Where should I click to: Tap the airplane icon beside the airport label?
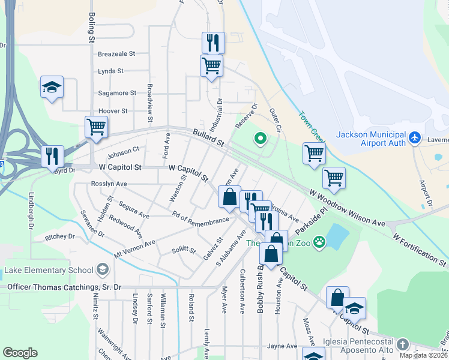click(x=414, y=138)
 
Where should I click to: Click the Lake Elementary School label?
click(x=49, y=270)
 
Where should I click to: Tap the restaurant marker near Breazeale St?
click(x=213, y=43)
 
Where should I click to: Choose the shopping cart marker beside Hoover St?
click(x=96, y=127)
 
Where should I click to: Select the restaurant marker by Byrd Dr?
click(x=52, y=155)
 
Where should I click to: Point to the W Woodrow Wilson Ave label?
click(x=348, y=208)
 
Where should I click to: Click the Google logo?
click(x=20, y=353)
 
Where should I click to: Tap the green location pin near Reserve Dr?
click(x=260, y=139)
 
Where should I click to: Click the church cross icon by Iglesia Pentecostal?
click(x=403, y=345)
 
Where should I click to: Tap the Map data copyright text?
click(x=424, y=355)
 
